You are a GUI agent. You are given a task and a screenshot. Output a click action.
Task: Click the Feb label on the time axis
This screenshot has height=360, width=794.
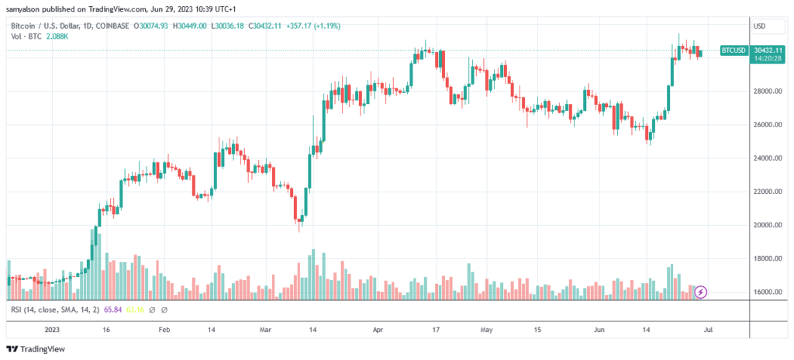pyautogui.click(x=164, y=329)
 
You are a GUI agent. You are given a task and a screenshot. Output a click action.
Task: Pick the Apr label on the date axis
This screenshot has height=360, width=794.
pyautogui.click(x=378, y=329)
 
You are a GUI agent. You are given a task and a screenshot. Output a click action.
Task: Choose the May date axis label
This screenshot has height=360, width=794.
pyautogui.click(x=486, y=329)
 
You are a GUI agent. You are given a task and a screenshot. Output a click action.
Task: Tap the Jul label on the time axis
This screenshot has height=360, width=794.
pyautogui.click(x=708, y=329)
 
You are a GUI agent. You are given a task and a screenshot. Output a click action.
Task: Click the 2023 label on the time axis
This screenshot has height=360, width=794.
pyautogui.click(x=52, y=329)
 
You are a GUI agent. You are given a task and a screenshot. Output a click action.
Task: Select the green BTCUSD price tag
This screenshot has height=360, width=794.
pyautogui.click(x=734, y=50)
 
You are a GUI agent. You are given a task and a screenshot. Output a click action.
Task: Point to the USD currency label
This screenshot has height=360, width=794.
pyautogui.click(x=759, y=26)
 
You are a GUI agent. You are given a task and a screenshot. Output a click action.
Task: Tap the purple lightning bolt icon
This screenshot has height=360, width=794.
pyautogui.click(x=701, y=292)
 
